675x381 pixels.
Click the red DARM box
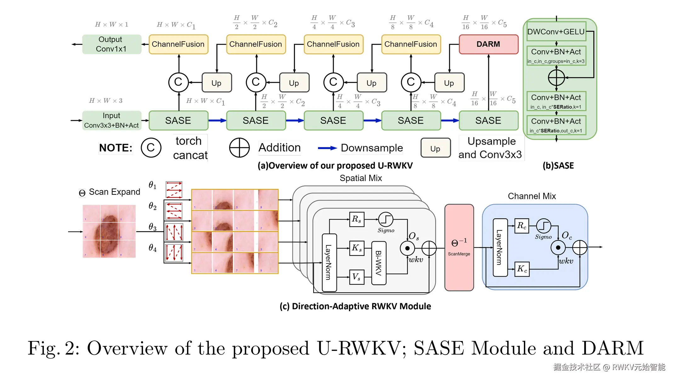(x=488, y=44)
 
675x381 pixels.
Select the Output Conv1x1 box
(x=111, y=44)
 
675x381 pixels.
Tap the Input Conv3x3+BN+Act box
(x=111, y=120)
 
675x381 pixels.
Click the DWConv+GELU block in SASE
(x=556, y=31)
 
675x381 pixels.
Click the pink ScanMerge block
(x=459, y=248)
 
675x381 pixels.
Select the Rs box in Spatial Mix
(x=357, y=219)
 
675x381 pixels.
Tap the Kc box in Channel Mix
(x=522, y=269)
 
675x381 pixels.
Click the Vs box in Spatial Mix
(x=357, y=277)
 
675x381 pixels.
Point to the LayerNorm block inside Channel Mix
(x=500, y=248)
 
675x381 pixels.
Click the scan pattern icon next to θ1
(x=174, y=189)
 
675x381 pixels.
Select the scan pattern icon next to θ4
(x=174, y=253)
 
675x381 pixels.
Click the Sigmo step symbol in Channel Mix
(x=543, y=226)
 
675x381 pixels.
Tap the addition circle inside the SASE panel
(x=556, y=77)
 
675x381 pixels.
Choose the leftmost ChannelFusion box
(x=178, y=44)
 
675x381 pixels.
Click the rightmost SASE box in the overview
(x=488, y=120)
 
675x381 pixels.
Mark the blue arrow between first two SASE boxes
(x=217, y=120)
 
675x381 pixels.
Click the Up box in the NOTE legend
(x=435, y=148)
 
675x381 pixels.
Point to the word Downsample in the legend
(x=372, y=148)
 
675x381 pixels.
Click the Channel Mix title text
(x=532, y=196)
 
